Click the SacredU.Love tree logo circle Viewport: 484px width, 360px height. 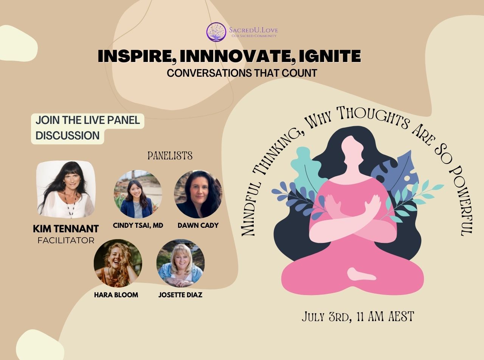click(216, 32)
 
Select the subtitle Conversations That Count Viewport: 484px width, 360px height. click(242, 73)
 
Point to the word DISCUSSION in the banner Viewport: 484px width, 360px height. click(67, 135)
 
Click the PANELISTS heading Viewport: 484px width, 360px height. click(170, 156)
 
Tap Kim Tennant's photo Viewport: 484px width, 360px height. click(66, 189)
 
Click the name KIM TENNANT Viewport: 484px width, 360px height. click(66, 229)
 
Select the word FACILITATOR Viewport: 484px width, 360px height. click(66, 240)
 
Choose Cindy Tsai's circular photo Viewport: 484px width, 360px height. click(138, 194)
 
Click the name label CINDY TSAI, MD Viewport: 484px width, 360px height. click(138, 225)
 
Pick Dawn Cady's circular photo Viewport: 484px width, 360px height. click(198, 194)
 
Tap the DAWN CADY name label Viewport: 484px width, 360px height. click(198, 225)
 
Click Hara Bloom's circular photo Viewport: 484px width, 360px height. click(118, 263)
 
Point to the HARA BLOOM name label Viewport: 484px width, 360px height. click(116, 295)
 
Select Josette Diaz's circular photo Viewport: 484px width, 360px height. click(180, 263)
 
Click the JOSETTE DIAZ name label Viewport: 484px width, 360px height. click(180, 295)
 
